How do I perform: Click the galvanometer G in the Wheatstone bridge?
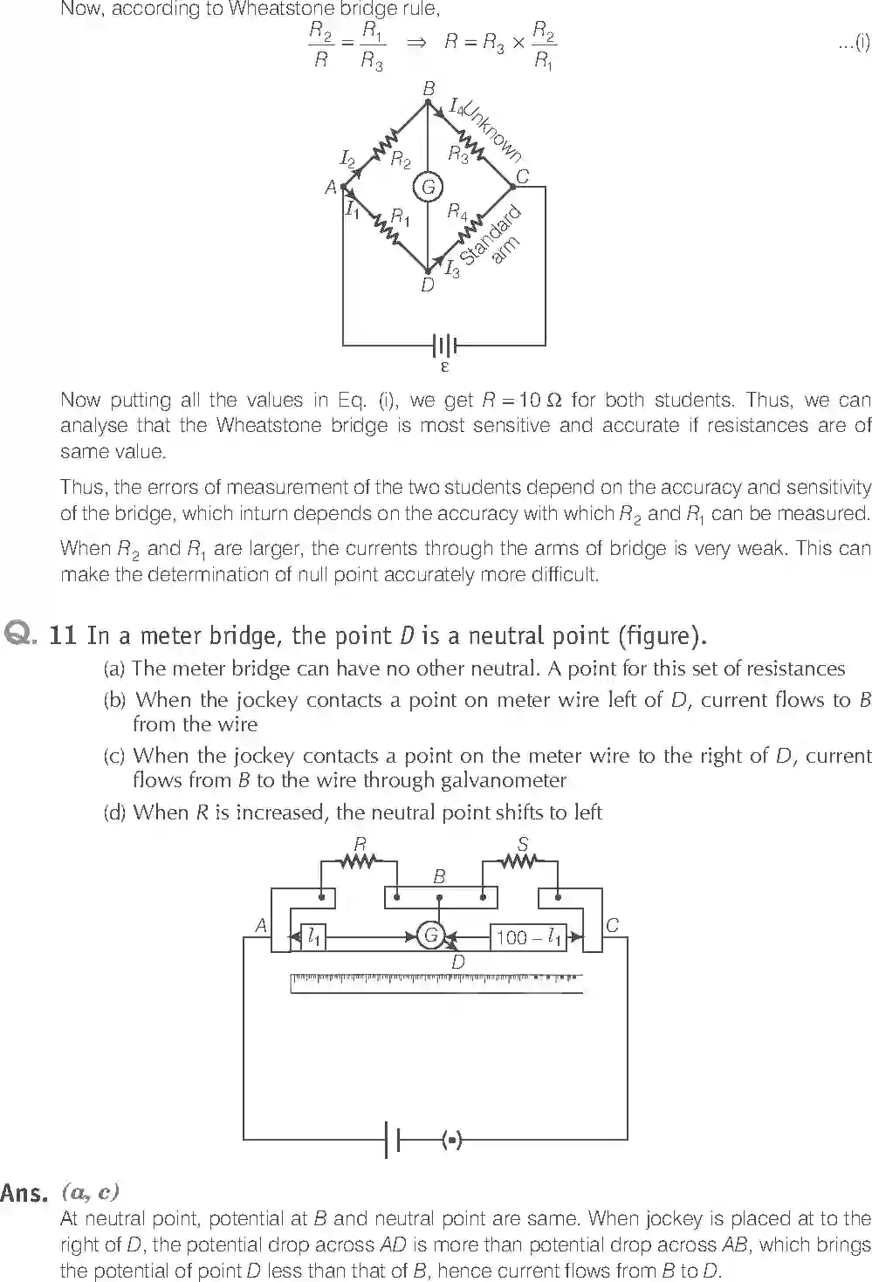pos(428,187)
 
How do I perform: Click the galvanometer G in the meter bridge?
pos(429,936)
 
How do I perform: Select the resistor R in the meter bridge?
pos(359,861)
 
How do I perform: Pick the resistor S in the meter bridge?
pos(520,861)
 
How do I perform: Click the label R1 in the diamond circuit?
pos(401,216)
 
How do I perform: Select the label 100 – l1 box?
pos(528,937)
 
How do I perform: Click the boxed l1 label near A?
pos(312,937)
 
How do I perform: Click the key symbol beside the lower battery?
pos(451,1139)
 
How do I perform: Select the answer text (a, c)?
pos(91,1191)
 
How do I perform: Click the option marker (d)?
pos(115,812)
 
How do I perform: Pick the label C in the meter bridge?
pos(612,926)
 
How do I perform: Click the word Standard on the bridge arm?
pos(490,236)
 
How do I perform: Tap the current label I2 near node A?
pos(347,158)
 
